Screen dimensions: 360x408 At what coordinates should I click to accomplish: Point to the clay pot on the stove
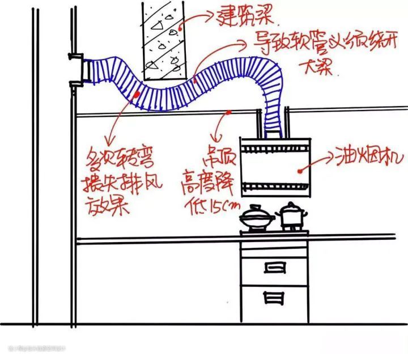coord(256,219)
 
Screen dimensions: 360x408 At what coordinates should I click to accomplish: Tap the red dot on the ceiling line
coord(228,112)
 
